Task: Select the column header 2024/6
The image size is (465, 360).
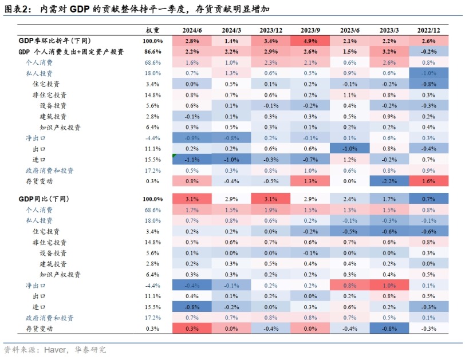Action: tap(192, 29)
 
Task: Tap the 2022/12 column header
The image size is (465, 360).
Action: tap(428, 29)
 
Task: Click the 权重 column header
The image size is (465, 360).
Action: tap(153, 29)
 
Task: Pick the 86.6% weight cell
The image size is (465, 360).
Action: tap(153, 52)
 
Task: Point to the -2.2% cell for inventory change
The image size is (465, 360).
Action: tap(389, 181)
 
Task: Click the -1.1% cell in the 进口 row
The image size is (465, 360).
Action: tap(192, 160)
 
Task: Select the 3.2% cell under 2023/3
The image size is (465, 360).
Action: tap(389, 52)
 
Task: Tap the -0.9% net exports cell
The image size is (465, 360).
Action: tap(192, 138)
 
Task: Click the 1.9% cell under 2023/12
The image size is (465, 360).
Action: tap(271, 209)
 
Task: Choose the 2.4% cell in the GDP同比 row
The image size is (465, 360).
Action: tap(350, 199)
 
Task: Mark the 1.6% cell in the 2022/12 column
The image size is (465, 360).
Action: tap(428, 181)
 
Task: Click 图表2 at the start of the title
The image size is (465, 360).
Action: tap(15, 9)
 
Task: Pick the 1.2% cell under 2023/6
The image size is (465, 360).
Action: tap(350, 160)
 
